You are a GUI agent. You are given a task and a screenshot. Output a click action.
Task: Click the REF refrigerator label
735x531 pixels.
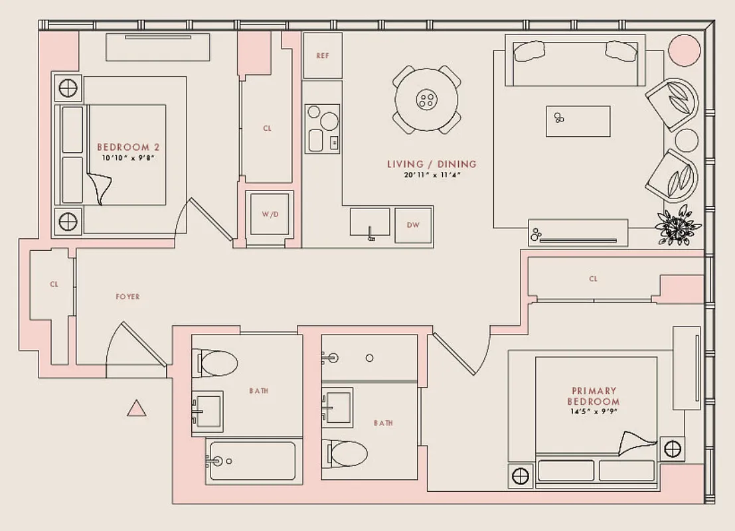tap(322, 56)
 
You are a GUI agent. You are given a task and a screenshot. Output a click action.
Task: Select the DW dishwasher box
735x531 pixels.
tap(413, 225)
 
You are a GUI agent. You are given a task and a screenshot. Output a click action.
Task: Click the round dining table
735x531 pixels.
tap(426, 100)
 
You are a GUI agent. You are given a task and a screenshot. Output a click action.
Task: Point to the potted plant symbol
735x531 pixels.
tap(674, 228)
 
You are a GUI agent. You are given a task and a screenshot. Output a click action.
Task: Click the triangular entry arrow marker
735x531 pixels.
tap(136, 409)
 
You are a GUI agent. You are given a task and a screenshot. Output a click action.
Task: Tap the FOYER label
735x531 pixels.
tap(127, 297)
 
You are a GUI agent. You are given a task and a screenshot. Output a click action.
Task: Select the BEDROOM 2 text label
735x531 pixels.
tap(128, 147)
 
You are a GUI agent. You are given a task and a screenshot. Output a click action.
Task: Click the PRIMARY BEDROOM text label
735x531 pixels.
tap(593, 396)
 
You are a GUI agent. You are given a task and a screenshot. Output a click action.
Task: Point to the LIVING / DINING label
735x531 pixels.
tap(432, 164)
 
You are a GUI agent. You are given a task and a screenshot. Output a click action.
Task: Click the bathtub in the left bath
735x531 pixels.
tap(250, 459)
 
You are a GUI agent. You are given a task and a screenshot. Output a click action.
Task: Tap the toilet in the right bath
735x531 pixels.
tap(345, 455)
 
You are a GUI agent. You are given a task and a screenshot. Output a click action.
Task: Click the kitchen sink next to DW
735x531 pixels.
tap(370, 221)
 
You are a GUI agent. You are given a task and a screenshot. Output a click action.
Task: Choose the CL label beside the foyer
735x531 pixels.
tap(54, 284)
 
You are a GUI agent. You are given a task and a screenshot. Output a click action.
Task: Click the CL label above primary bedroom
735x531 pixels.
tap(593, 279)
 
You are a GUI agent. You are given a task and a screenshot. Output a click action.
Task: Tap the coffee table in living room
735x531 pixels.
tap(578, 121)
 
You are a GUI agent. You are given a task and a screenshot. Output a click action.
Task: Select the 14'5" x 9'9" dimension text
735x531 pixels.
tap(593, 412)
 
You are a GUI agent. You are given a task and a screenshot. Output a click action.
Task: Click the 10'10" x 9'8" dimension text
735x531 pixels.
tap(128, 158)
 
